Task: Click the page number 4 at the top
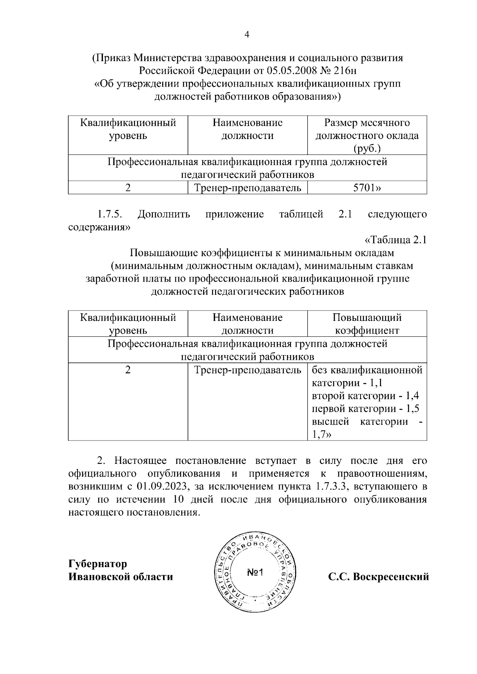click(246, 35)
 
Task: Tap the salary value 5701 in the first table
click(367, 188)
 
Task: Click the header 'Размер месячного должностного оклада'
click(367, 135)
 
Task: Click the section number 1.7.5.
click(109, 214)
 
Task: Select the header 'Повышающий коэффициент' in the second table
click(367, 324)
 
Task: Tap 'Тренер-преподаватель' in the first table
click(247, 188)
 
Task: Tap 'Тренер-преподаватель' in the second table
click(247, 370)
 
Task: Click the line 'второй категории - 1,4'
click(365, 396)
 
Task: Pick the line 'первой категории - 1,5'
click(365, 409)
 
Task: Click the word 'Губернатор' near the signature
click(98, 564)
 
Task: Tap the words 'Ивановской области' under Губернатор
click(121, 577)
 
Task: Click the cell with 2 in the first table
click(128, 188)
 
